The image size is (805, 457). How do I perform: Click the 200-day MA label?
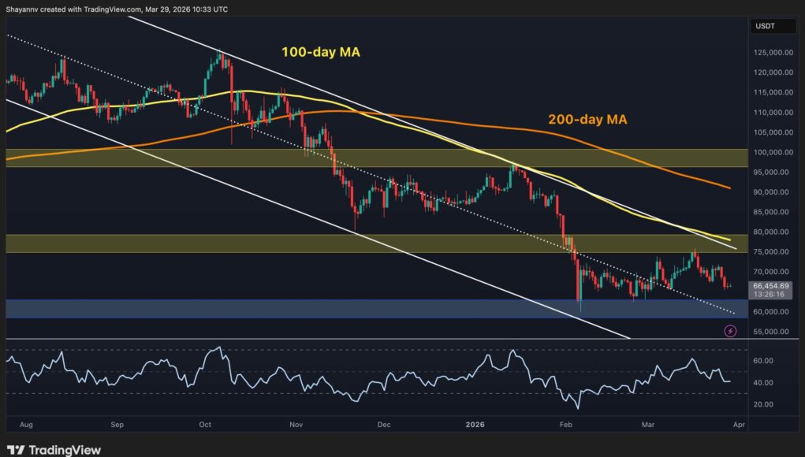pyautogui.click(x=587, y=121)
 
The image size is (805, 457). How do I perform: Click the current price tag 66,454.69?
pyautogui.click(x=772, y=286)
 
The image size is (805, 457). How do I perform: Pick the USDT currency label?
pyautogui.click(x=766, y=26)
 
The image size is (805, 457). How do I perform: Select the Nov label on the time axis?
pyautogui.click(x=296, y=424)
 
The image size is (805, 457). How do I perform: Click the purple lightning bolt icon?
pyautogui.click(x=730, y=332)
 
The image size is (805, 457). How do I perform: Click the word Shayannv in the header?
pyautogui.click(x=24, y=9)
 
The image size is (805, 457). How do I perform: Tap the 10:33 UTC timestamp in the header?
pyautogui.click(x=209, y=9)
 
